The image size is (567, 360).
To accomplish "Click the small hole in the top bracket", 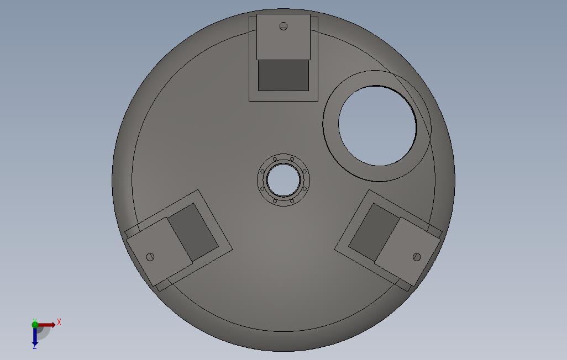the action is pos(283,26).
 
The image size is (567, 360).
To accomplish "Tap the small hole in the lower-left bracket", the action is pos(150,257).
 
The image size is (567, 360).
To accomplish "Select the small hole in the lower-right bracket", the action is pos(417,257).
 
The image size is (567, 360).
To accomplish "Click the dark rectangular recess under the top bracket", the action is pos(283,75).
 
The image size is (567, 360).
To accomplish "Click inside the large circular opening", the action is pos(377,126).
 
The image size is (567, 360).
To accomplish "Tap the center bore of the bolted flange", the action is pos(283,180).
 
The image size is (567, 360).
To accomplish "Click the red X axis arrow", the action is pos(46,325).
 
